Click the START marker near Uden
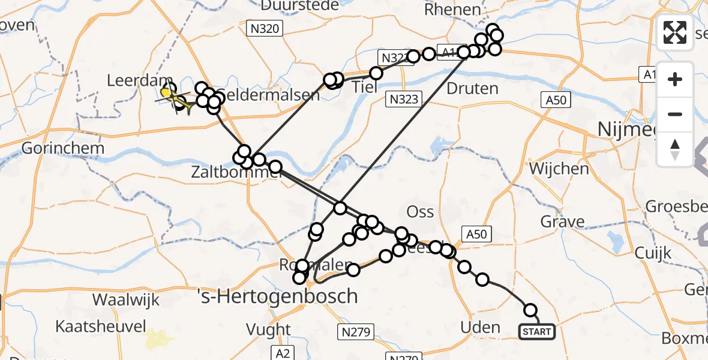pyautogui.click(x=536, y=332)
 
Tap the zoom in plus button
pyautogui.click(x=675, y=79)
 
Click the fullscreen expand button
pyautogui.click(x=675, y=32)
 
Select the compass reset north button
pyautogui.click(x=675, y=149)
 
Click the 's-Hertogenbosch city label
pyautogui.click(x=278, y=296)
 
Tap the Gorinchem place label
pyautogui.click(x=63, y=148)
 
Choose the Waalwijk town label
pyautogui.click(x=126, y=299)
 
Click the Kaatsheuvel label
pyautogui.click(x=101, y=326)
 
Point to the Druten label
pyautogui.click(x=473, y=88)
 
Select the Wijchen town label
pyautogui.click(x=559, y=169)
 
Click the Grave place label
pyautogui.click(x=562, y=221)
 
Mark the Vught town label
pyautogui.click(x=268, y=329)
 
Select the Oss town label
pyautogui.click(x=420, y=211)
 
